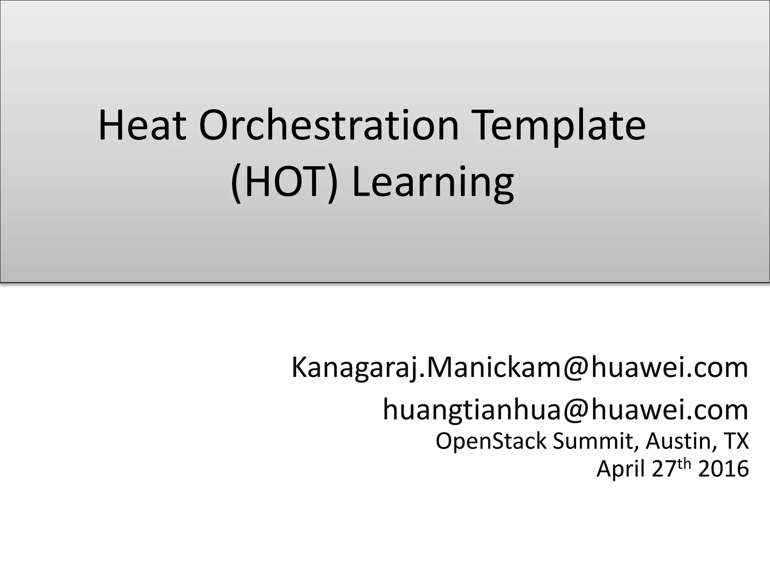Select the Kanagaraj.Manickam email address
520,368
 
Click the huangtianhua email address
565,410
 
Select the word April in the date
621,470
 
